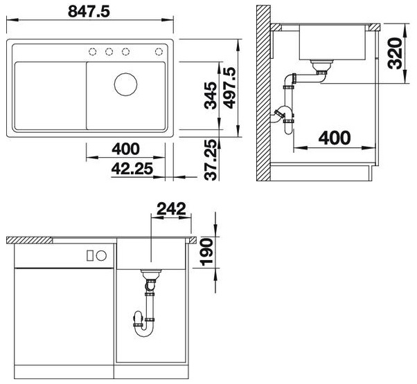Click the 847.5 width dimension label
89,11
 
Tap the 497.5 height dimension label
229,88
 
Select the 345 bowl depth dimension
210,95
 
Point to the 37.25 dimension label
212,160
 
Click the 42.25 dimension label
132,168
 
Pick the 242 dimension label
172,208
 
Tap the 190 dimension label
206,252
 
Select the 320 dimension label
395,54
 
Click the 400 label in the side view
335,138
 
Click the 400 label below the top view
125,149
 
